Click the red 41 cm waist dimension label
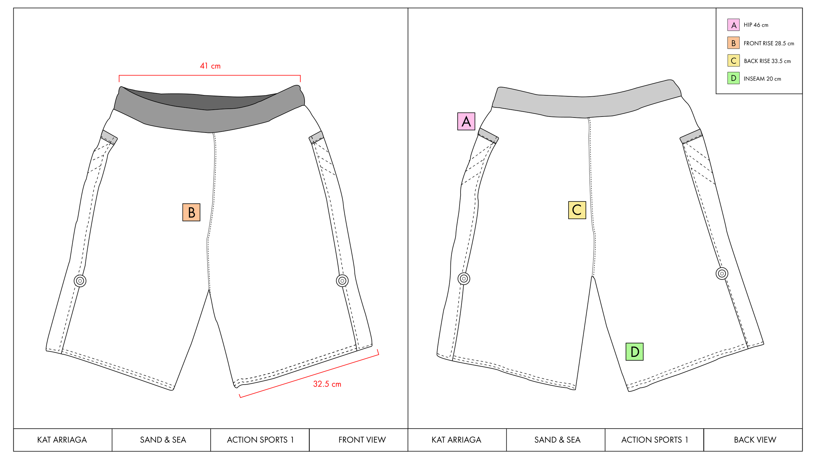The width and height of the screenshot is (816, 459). coord(210,66)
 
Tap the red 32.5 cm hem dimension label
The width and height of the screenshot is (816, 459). coord(327,384)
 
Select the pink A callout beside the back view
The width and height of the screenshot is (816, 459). coord(466,121)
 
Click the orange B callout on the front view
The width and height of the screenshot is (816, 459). coord(191,213)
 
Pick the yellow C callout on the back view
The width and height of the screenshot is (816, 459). coord(577,210)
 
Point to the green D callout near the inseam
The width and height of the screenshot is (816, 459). coord(635,352)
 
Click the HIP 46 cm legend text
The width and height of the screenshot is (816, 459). coord(756,25)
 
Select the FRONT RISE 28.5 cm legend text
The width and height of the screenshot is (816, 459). coord(769,43)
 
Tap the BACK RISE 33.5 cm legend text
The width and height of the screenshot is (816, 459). coord(767,61)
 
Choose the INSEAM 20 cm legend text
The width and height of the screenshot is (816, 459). coord(762,79)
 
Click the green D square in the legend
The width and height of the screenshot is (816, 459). coord(733,78)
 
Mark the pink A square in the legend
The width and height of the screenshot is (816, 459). coord(733,25)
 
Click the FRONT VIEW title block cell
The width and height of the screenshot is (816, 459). coord(362,440)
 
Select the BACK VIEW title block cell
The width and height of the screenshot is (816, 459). coord(755,440)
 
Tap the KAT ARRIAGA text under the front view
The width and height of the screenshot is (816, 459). coord(62,440)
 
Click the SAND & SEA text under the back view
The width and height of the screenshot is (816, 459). coord(557,440)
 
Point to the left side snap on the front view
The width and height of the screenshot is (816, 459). coord(80,281)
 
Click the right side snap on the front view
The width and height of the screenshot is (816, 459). coord(342,280)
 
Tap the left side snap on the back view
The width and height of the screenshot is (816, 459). coord(464,279)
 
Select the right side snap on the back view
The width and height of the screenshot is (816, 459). coord(722,274)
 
